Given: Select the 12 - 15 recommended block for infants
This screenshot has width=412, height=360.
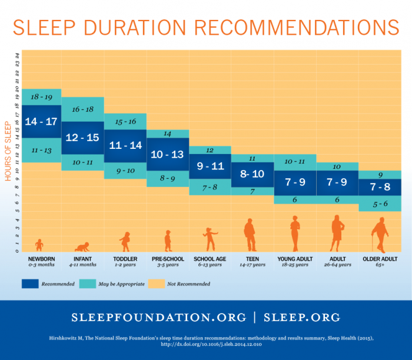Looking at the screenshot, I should point(82,137).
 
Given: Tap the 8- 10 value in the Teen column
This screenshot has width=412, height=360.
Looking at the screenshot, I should point(252,174).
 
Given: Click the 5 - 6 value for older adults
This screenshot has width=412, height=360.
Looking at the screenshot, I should point(379,204).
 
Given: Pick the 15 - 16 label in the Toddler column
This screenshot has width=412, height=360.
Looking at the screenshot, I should point(125,121).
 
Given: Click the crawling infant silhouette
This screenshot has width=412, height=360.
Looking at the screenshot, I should point(83,247).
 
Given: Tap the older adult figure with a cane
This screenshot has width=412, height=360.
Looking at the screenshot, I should point(380,235).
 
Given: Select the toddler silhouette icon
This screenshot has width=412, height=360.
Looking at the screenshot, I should point(125,242).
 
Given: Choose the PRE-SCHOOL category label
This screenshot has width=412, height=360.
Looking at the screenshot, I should point(168,259).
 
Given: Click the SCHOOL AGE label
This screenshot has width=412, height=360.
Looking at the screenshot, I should point(210,259).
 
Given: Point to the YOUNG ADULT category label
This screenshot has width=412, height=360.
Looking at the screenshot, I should point(295,259).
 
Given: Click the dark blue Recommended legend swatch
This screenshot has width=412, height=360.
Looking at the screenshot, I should point(35,284).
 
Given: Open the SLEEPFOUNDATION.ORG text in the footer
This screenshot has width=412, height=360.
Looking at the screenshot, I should point(158,317).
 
